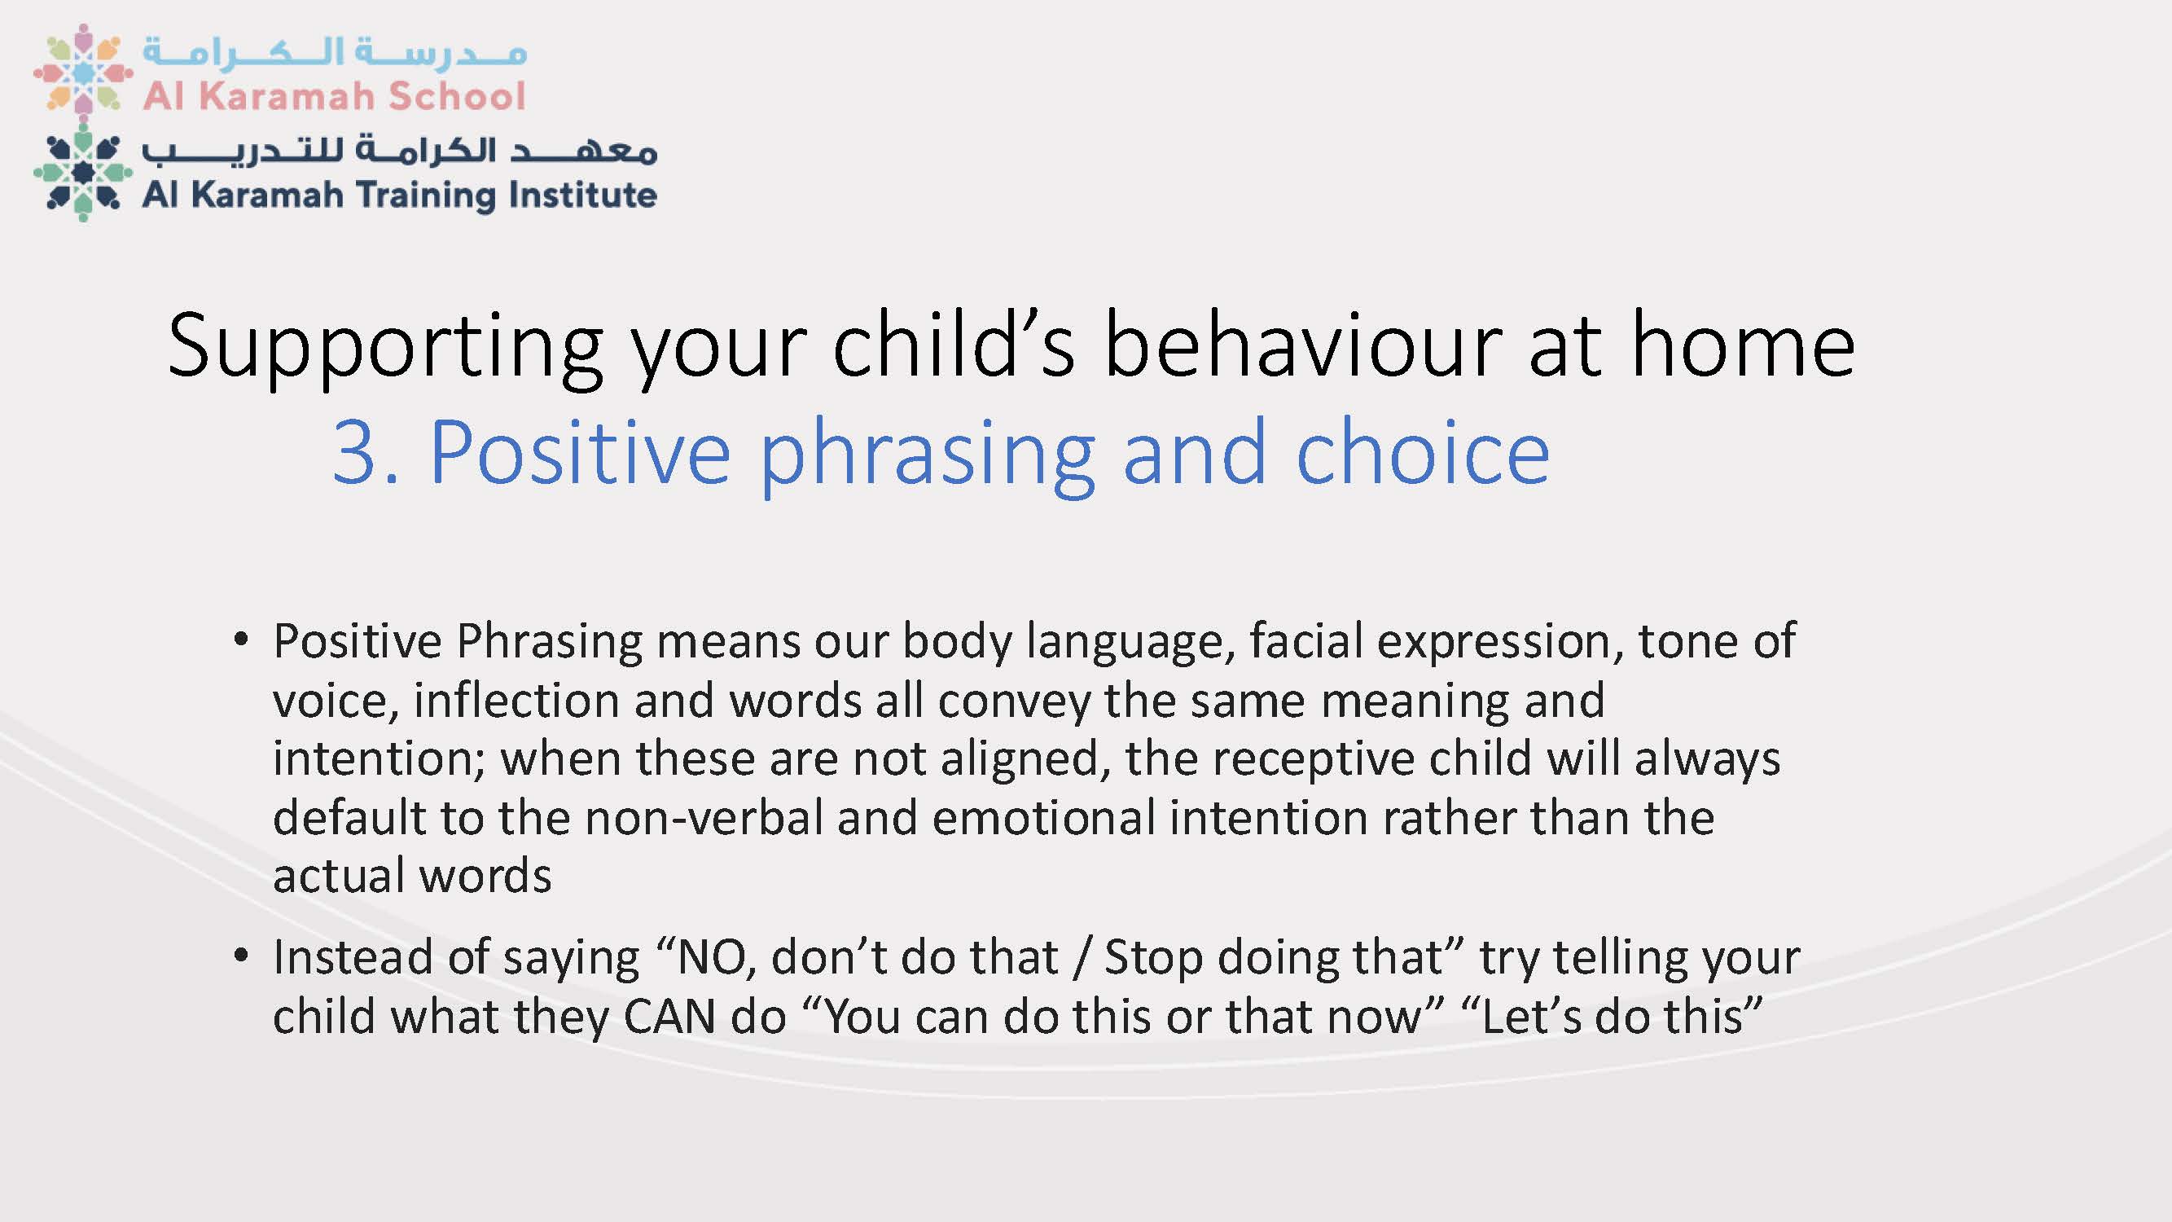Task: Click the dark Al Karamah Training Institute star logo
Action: pyautogui.click(x=82, y=173)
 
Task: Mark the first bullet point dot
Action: pyautogui.click(x=241, y=640)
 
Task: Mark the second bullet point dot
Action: pyautogui.click(x=241, y=956)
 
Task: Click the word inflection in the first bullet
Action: pyautogui.click(x=516, y=700)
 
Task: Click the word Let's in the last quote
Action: pyautogui.click(x=1531, y=1015)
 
